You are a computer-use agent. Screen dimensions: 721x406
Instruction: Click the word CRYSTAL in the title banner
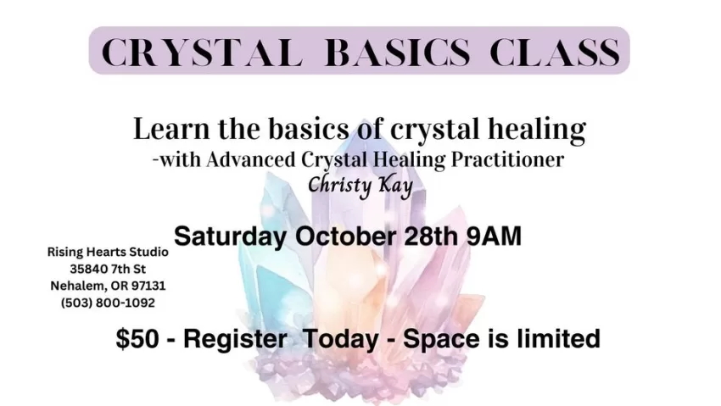tap(201, 52)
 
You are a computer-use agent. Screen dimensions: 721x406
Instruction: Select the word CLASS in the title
tap(556, 52)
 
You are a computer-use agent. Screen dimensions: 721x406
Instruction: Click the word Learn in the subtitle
tap(171, 129)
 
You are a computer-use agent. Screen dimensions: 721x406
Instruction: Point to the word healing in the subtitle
tap(537, 131)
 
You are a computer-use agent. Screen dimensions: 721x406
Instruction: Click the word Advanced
tap(250, 160)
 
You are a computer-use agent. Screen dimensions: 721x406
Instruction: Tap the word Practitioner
tap(507, 160)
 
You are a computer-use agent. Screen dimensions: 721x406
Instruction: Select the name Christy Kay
tap(360, 186)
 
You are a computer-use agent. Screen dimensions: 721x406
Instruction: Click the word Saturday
tap(230, 236)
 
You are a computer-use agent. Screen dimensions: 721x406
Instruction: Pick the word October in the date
tap(346, 236)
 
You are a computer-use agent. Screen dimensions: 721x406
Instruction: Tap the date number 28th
tap(431, 236)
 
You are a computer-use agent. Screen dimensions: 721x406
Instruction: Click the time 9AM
tap(494, 236)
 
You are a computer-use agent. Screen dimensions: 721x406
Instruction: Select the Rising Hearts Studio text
tap(108, 252)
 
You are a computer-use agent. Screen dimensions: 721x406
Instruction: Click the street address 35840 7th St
tap(108, 269)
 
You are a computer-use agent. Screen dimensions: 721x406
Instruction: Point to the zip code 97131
tap(148, 286)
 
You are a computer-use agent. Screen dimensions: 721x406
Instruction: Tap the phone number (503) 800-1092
tap(108, 303)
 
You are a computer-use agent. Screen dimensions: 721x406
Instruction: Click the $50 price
tap(137, 339)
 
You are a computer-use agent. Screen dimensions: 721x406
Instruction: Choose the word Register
tap(236, 340)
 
